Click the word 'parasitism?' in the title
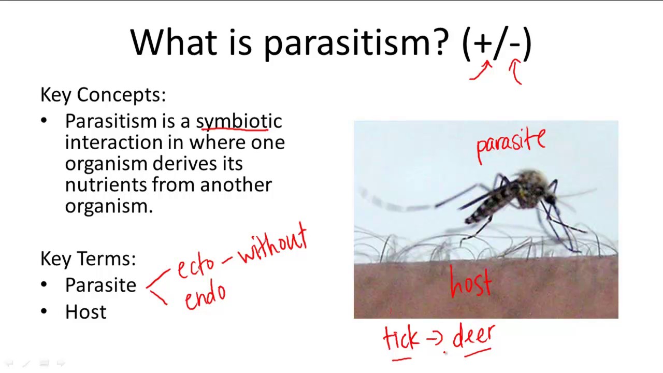356,43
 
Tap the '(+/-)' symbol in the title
496,43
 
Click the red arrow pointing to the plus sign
481,71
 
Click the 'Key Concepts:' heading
103,95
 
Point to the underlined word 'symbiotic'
239,122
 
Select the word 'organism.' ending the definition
109,206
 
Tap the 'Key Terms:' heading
88,259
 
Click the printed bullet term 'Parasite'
100,285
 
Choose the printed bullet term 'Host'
85,312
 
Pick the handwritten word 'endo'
205,296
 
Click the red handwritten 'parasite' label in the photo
510,144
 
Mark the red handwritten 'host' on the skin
470,283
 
